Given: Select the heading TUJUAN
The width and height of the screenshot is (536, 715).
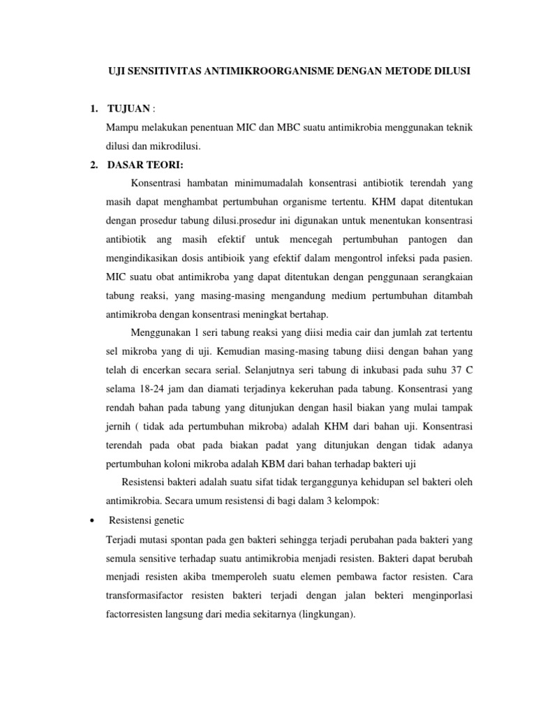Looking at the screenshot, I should (x=129, y=109).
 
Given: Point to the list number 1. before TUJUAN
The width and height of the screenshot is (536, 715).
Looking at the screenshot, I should (x=94, y=109).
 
